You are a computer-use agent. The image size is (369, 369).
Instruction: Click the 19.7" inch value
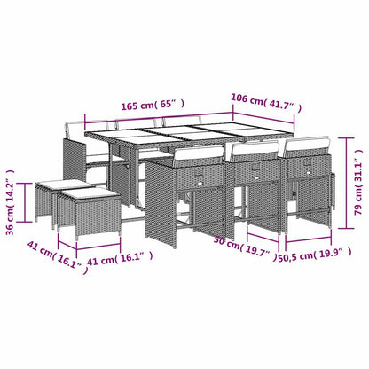point(258,251)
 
